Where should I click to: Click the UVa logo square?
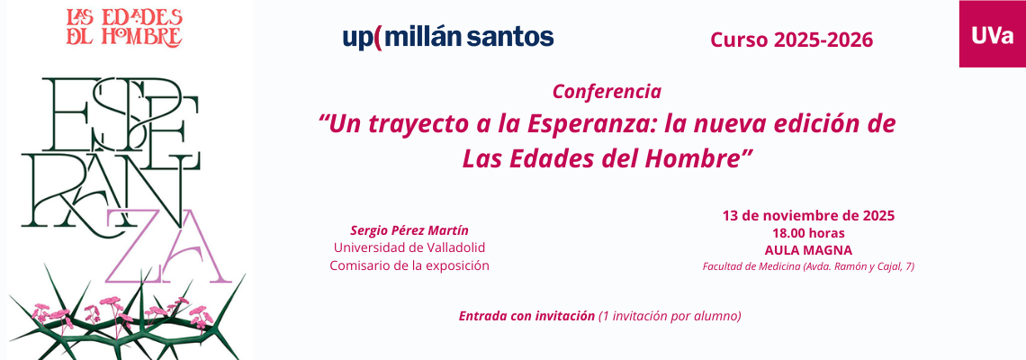[992, 33]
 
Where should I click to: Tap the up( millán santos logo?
[448, 37]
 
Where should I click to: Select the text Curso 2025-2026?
[792, 40]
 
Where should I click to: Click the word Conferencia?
[607, 92]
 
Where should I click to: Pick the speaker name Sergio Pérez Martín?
[409, 230]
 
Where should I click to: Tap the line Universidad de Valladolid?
[409, 248]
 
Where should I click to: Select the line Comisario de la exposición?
[409, 265]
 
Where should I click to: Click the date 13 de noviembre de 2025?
[808, 215]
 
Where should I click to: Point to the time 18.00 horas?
[808, 233]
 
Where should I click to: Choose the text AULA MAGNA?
[808, 250]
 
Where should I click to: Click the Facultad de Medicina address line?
[808, 266]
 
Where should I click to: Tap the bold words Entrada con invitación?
[526, 316]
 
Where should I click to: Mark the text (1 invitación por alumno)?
[670, 316]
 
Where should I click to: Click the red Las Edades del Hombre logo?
[124, 28]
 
